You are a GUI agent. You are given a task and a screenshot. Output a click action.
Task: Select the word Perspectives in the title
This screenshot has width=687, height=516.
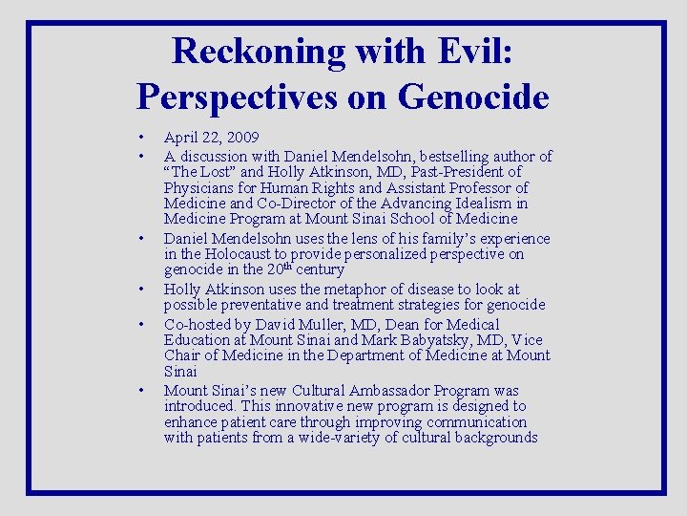click(239, 97)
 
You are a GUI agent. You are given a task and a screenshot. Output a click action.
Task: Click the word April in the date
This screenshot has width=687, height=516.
click(181, 139)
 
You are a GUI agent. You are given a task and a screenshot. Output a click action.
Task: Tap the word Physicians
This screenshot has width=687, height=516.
click(199, 188)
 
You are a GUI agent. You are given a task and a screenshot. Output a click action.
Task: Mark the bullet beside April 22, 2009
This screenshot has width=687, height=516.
click(140, 139)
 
